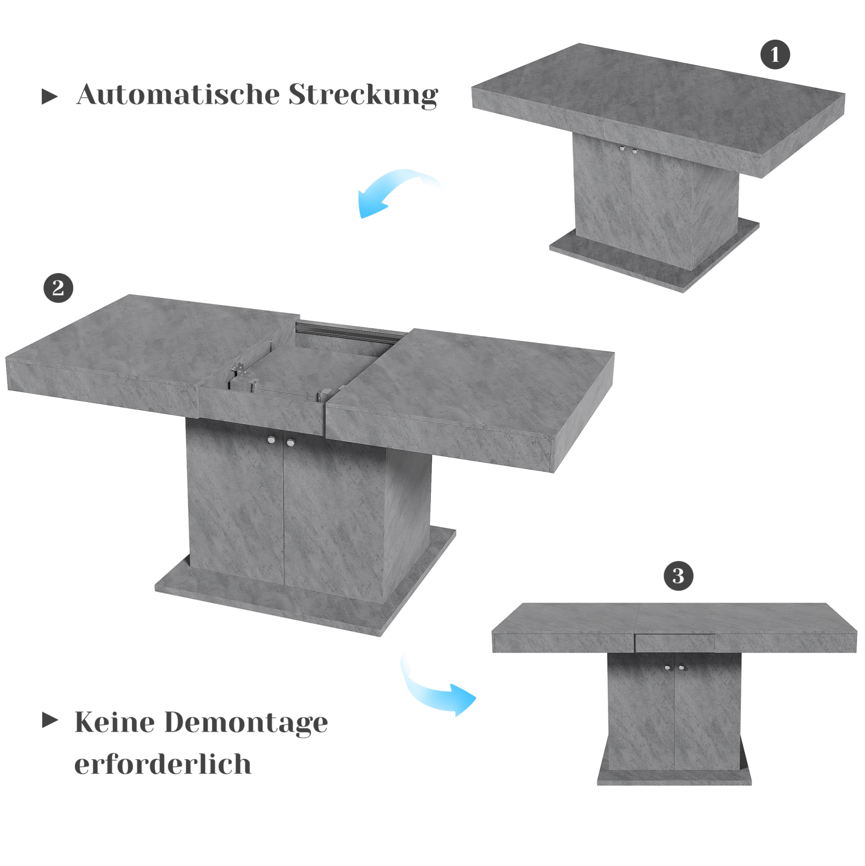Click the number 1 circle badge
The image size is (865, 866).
[x=775, y=55]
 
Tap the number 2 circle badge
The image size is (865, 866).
[x=58, y=288]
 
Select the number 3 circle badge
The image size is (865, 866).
[x=678, y=576]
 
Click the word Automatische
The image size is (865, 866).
[x=178, y=95]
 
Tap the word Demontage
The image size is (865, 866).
[x=246, y=723]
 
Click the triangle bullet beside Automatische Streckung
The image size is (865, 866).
[x=50, y=96]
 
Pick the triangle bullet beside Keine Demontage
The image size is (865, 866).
[x=50, y=720]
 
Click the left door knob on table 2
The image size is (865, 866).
[x=271, y=440]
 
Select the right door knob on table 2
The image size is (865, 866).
[x=291, y=443]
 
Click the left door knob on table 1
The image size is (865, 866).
[x=622, y=149]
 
